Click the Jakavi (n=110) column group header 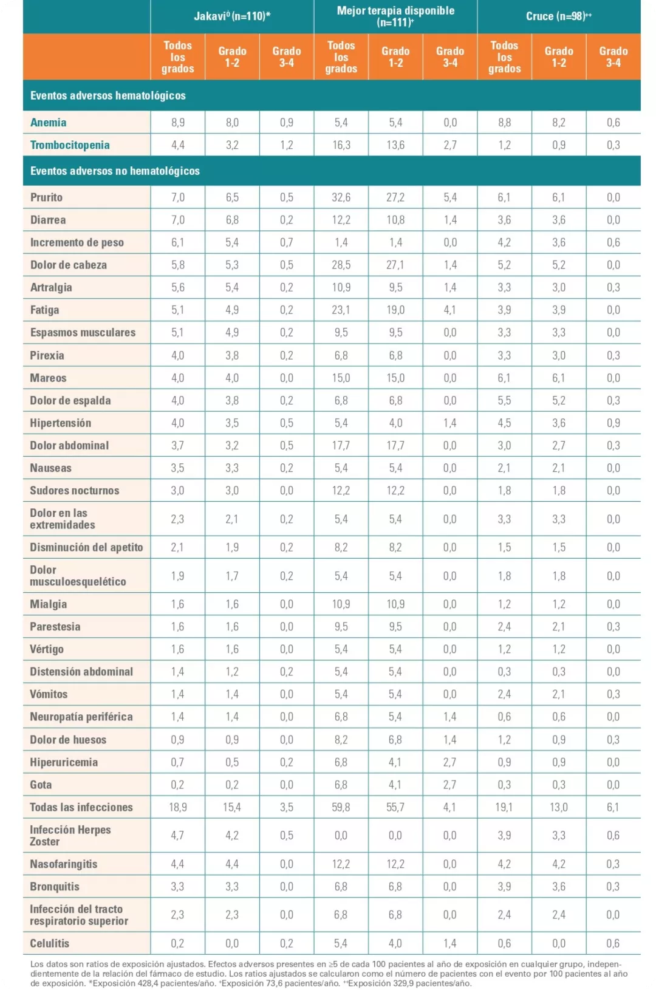point(232,16)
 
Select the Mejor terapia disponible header point(395,16)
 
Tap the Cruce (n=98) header point(558,16)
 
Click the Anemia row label point(49,123)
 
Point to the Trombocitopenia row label point(70,145)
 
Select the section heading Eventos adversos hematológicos point(108,96)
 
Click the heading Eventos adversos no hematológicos point(115,171)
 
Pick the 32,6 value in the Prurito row point(341,197)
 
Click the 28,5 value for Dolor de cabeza point(341,265)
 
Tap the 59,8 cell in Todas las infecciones point(341,807)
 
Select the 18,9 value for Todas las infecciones point(177,807)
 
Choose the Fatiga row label point(45,310)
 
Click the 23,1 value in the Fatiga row point(341,310)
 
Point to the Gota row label point(41,785)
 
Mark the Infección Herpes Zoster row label point(70,836)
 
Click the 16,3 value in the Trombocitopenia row point(341,145)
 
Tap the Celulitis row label point(49,944)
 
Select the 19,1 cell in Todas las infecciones point(504,807)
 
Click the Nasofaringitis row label point(63,864)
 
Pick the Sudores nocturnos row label point(74,491)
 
